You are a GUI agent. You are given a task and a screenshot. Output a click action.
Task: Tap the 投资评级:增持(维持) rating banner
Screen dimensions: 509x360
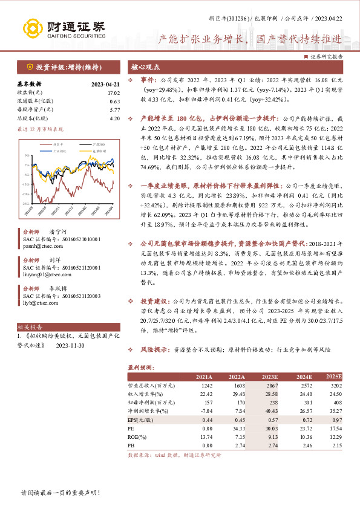click(x=63, y=67)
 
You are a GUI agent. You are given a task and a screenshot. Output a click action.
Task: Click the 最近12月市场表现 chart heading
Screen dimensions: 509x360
click(x=40, y=129)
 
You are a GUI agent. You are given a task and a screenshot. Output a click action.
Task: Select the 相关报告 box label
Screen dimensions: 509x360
click(x=28, y=325)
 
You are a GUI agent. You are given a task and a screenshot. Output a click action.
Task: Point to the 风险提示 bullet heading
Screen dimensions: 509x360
click(x=154, y=349)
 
